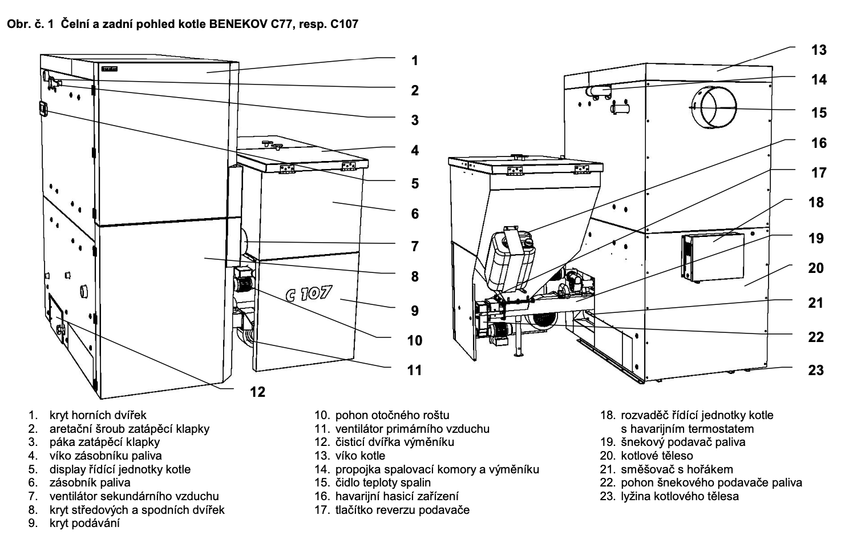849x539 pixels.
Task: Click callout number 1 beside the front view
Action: (415, 61)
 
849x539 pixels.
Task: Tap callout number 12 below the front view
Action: (257, 392)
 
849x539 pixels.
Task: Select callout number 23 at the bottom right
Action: (816, 370)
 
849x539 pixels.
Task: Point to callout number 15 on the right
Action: (819, 112)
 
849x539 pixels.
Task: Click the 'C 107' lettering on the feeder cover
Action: (309, 293)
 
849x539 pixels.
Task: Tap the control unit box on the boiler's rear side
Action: (713, 257)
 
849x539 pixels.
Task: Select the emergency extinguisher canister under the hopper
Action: (511, 260)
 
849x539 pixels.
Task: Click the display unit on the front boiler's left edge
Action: (43, 109)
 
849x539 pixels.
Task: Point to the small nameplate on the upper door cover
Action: (109, 69)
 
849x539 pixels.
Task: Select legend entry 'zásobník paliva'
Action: (90, 483)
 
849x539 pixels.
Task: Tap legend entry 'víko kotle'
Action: (360, 456)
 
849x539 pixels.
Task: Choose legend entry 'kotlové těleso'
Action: (657, 456)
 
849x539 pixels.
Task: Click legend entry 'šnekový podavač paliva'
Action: (683, 443)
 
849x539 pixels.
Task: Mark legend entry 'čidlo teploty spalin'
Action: (383, 483)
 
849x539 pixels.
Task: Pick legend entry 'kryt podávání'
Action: (84, 524)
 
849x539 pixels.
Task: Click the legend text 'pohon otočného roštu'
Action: (393, 415)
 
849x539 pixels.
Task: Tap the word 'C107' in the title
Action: (344, 25)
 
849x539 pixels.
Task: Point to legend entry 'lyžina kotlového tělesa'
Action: (680, 496)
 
